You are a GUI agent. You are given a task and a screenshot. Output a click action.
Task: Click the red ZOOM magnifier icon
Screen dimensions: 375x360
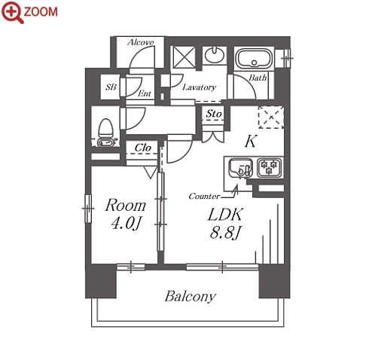13,12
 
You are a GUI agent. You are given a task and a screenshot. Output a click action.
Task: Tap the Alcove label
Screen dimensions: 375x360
141,42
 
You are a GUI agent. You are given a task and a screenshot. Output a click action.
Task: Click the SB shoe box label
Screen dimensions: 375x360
111,87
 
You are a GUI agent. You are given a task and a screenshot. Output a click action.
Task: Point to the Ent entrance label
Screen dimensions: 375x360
145,93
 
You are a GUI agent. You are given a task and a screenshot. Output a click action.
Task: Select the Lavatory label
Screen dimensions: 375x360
200,87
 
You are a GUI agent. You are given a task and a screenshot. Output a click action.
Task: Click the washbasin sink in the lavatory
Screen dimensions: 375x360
215,55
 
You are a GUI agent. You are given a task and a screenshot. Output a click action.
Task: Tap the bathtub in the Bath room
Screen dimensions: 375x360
254,58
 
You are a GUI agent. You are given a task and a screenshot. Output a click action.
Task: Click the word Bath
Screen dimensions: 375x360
258,78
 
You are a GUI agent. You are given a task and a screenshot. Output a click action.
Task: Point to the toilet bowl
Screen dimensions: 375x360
105,133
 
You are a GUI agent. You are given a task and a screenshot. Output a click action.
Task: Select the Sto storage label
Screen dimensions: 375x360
214,114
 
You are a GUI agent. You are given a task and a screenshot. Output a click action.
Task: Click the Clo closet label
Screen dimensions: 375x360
143,148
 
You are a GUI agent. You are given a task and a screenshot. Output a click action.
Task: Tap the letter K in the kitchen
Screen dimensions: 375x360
251,142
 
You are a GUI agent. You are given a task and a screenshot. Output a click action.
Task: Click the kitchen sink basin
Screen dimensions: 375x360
239,168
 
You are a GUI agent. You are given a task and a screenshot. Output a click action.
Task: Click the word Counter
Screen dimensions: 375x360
204,196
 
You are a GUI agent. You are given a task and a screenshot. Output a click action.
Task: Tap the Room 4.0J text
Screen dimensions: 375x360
125,214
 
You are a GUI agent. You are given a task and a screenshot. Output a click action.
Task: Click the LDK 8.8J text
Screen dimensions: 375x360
225,223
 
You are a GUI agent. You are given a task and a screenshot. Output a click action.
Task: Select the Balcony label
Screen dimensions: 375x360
191,297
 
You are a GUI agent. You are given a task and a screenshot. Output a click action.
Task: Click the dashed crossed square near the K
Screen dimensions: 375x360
271,117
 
